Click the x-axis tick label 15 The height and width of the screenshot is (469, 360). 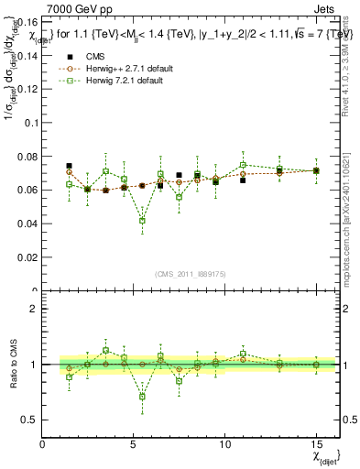[x=315, y=444]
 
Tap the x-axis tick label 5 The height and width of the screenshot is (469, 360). [x=134, y=444]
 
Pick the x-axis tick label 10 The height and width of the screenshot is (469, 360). [x=224, y=444]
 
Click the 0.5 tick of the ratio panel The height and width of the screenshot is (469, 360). [x=30, y=420]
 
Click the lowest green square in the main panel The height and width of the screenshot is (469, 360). [x=142, y=221]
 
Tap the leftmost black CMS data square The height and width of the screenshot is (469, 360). [x=69, y=166]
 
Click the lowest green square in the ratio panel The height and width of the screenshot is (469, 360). [x=142, y=397]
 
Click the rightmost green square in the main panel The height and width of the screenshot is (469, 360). [x=316, y=170]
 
